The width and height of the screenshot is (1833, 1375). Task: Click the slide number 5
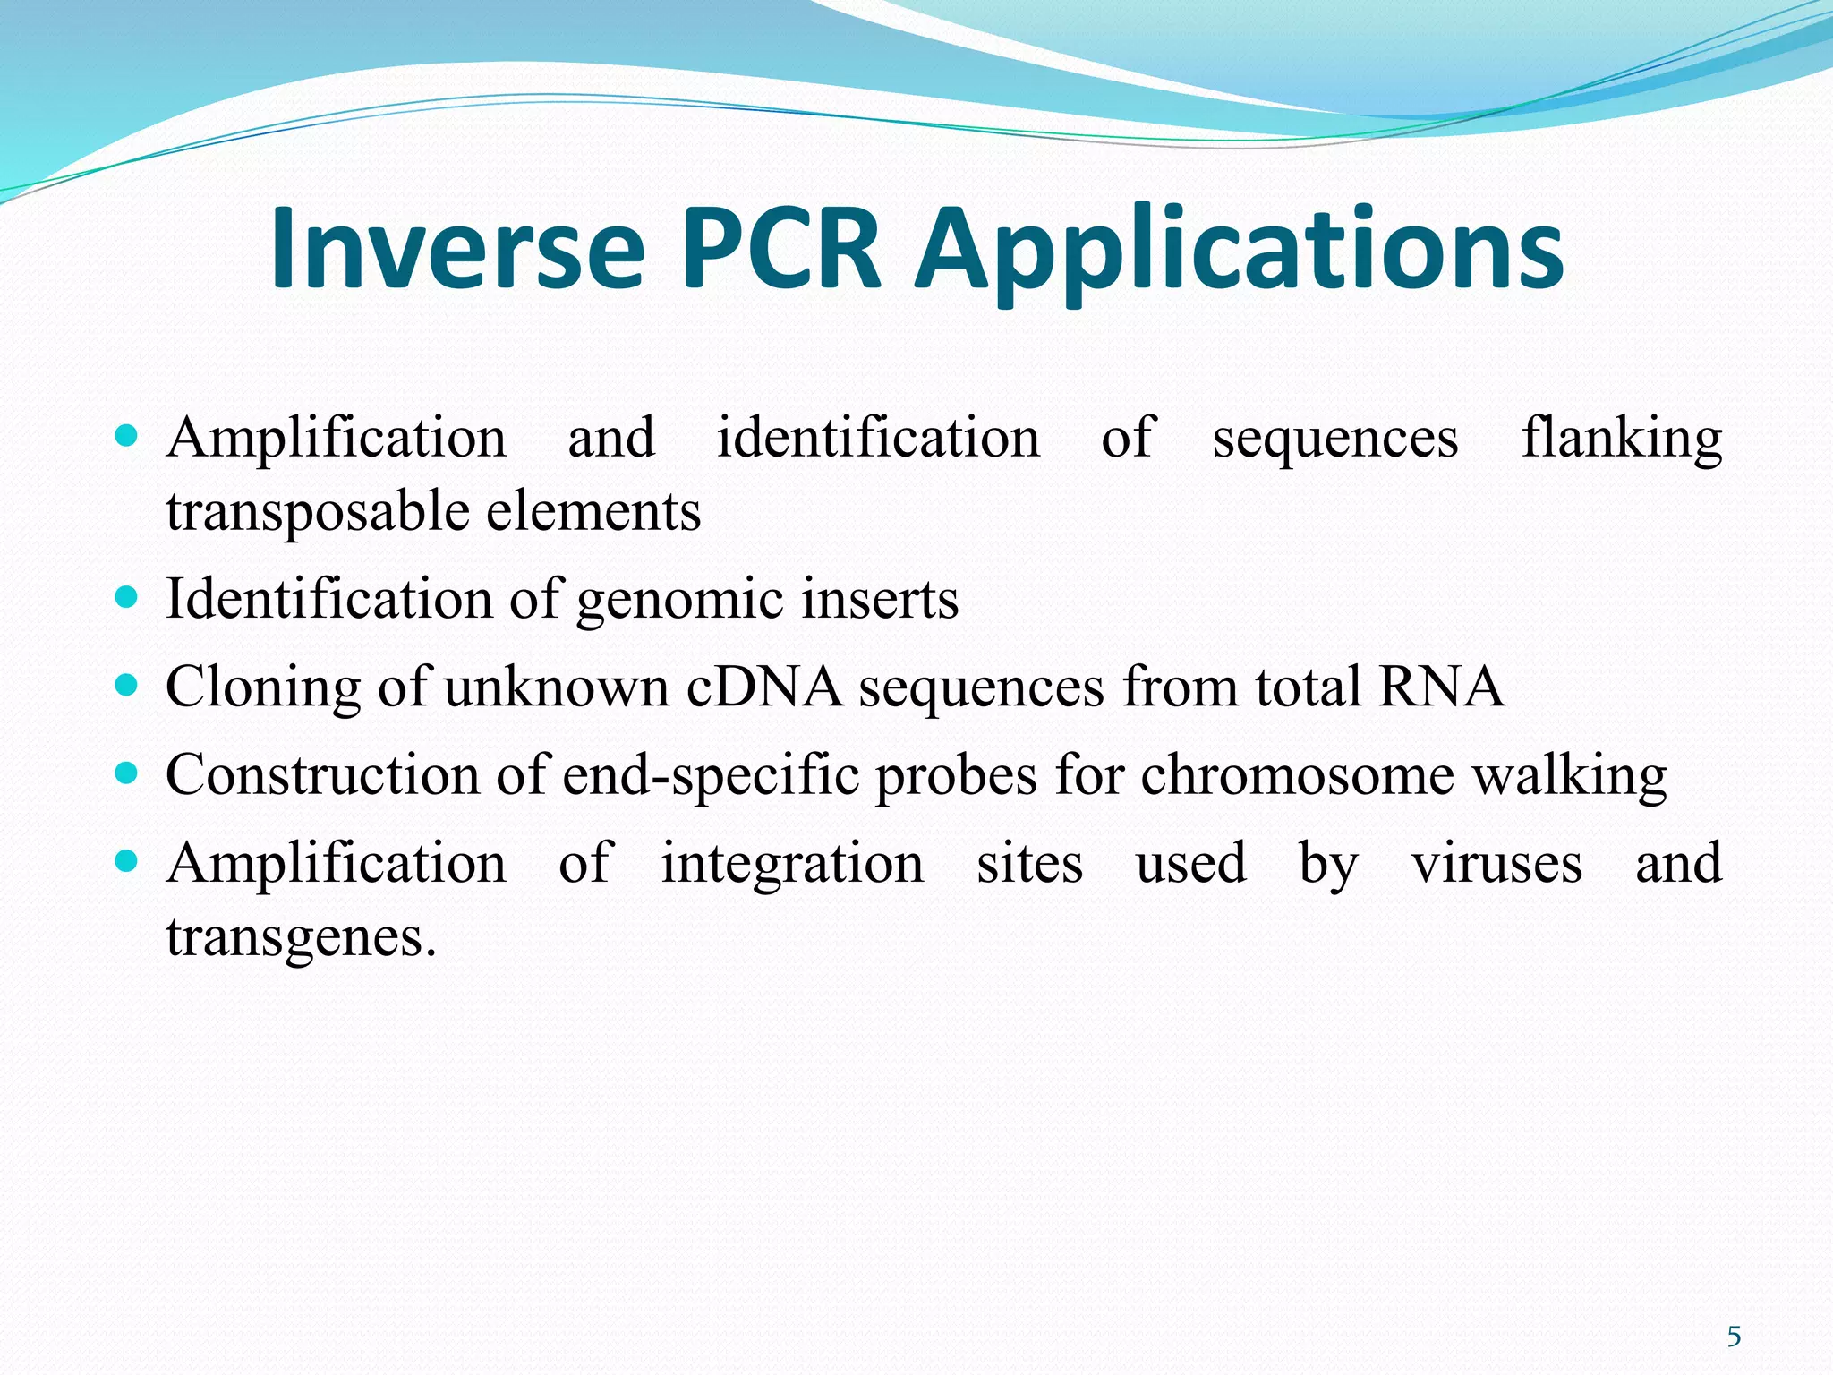[1734, 1337]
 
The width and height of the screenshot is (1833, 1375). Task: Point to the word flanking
[1621, 439]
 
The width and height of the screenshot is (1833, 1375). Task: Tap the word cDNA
[763, 687]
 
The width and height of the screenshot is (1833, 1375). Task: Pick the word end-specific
[711, 775]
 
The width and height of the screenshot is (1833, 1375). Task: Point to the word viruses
[1496, 864]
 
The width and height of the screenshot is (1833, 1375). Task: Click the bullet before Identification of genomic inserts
[127, 597]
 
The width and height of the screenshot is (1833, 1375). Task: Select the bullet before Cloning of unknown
[127, 685]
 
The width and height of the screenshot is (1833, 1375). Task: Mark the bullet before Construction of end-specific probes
[127, 773]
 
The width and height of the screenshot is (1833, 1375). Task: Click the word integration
[792, 865]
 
